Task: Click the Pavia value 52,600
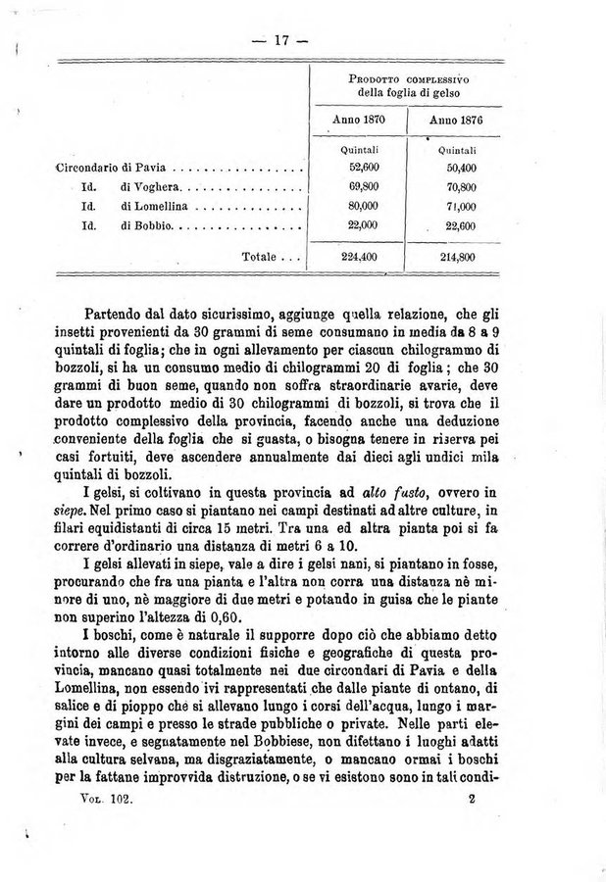point(360,169)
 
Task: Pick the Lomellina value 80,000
point(360,206)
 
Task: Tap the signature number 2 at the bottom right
point(472,800)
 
